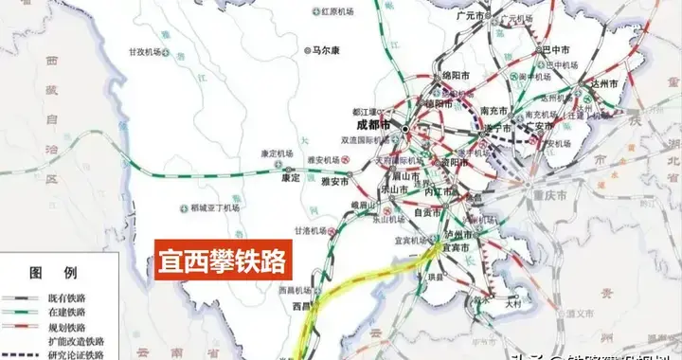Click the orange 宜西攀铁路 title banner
pos(221,256)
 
